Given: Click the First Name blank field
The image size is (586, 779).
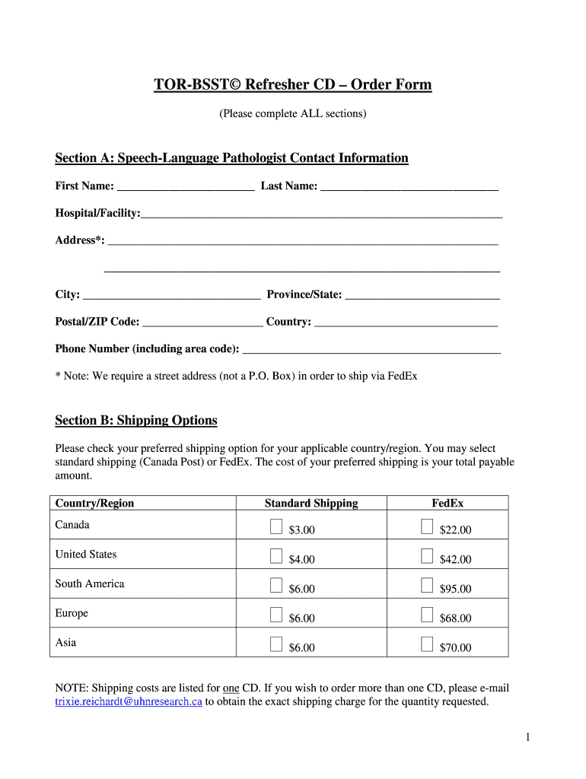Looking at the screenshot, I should tap(186, 186).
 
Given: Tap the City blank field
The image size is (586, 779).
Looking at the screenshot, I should tap(171, 294).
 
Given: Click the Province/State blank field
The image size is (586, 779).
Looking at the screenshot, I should tap(422, 294).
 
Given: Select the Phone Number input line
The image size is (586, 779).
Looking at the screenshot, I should tap(371, 349).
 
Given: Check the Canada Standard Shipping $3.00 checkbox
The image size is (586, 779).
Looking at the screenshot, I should tap(276, 526).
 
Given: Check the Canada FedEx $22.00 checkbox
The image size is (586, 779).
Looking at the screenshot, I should tap(427, 526).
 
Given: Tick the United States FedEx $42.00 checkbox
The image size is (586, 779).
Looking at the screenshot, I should tap(427, 556).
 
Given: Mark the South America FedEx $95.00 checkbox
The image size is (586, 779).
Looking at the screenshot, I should tap(427, 585).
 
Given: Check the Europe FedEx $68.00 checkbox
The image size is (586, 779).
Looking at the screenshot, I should tap(427, 615).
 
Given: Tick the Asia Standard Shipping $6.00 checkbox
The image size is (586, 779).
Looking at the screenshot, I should tap(276, 644).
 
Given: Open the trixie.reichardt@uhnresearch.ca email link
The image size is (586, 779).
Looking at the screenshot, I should tap(129, 702).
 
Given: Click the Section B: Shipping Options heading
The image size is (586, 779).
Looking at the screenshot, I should tap(136, 421).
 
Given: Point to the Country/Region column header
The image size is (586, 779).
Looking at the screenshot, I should tap(94, 503).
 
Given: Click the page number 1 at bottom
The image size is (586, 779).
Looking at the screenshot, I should tap(527, 736).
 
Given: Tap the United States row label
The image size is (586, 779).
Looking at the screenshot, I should tap(86, 554).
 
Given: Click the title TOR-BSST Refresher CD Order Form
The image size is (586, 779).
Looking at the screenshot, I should tap(293, 84).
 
